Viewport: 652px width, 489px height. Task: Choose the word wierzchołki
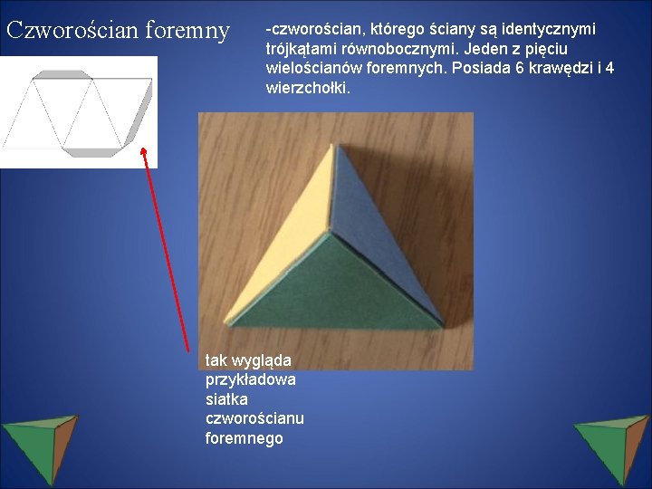(x=308, y=88)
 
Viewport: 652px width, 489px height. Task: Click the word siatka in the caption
(x=226, y=399)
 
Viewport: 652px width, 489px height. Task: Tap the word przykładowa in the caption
(x=251, y=379)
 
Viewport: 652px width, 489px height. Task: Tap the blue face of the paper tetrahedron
(x=380, y=235)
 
